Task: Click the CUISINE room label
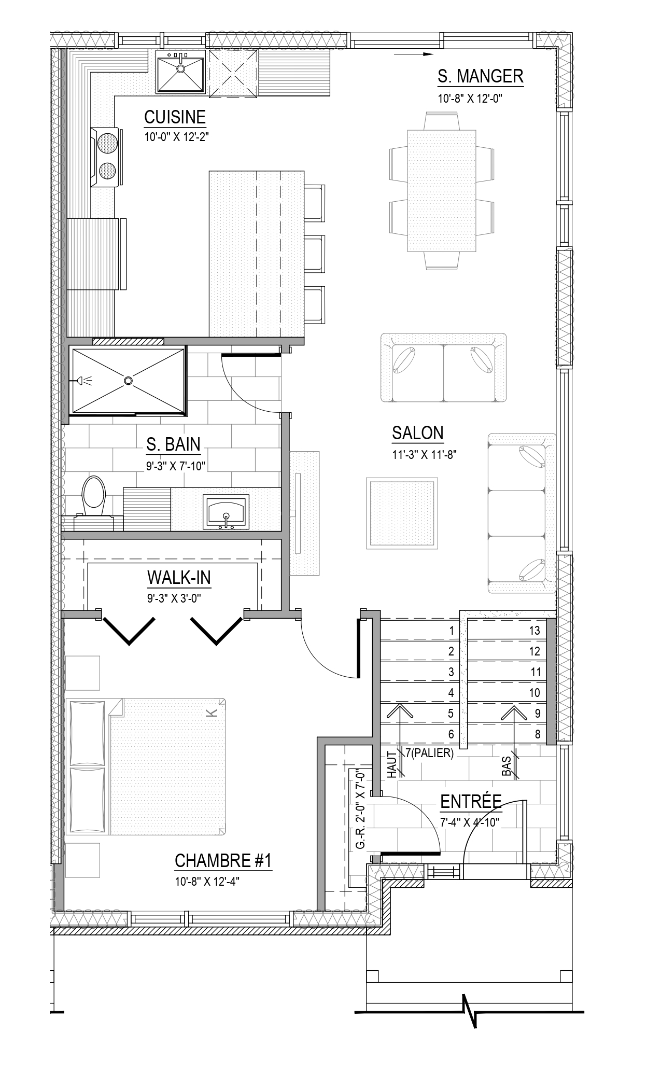coord(175,117)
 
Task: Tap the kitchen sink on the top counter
coord(180,72)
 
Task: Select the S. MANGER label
coord(481,76)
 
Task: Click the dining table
coord(441,190)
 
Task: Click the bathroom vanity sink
coord(226,511)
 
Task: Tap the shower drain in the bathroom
coord(128,381)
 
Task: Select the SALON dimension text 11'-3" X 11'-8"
coord(424,455)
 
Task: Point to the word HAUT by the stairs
coord(392,765)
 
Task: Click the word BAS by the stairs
coord(507,766)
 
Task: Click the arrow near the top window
coord(413,54)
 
